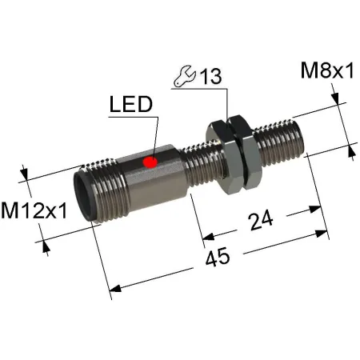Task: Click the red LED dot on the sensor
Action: point(150,162)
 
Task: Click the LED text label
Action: point(131,104)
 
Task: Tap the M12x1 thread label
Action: point(34,211)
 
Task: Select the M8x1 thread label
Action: point(327,70)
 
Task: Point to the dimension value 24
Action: point(261,220)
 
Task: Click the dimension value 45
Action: point(218,257)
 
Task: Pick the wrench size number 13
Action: point(211,76)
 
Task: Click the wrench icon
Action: point(184,76)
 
